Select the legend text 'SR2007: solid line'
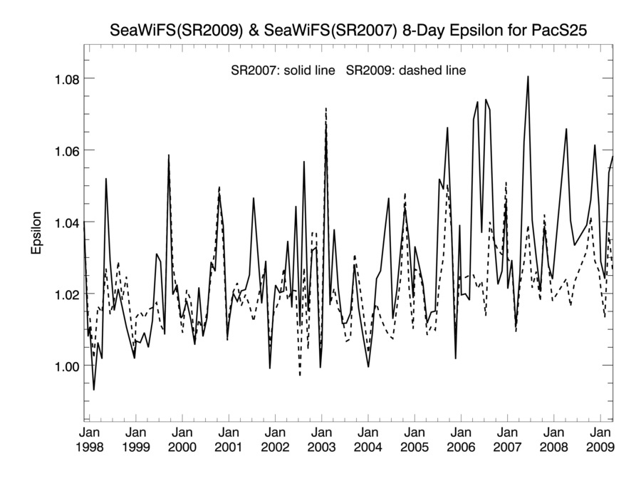[283, 71]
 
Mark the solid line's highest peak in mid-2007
[528, 76]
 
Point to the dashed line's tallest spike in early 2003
[325, 108]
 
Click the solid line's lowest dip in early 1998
[93, 390]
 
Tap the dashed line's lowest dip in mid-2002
[300, 375]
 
